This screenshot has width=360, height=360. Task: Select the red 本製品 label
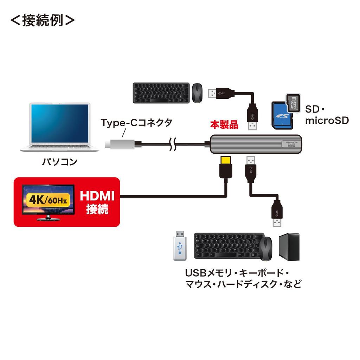tap(224, 124)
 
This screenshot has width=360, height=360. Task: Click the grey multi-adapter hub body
tap(256, 144)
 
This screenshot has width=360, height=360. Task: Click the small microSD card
tap(294, 103)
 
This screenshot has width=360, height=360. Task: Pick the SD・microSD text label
tap(326, 115)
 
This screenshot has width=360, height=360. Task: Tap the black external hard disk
tap(289, 247)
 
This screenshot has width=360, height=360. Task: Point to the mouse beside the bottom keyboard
tap(267, 249)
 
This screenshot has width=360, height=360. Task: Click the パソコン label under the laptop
tap(59, 162)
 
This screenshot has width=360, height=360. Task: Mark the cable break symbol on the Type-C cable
tap(173, 144)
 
